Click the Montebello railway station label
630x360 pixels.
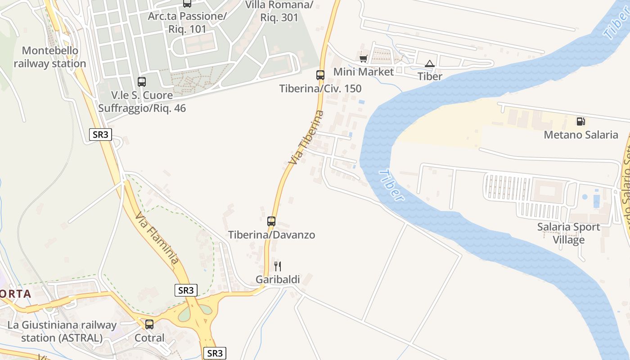pos(49,57)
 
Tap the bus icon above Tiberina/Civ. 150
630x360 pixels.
pos(320,75)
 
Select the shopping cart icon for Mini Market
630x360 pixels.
pos(364,59)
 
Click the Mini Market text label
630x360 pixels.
pos(364,72)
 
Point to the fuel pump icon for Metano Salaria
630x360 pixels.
pos(581,121)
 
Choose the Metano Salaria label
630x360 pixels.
pos(581,135)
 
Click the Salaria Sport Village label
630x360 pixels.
pos(569,233)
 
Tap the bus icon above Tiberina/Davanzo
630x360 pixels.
pos(271,221)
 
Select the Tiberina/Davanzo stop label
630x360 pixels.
pos(271,234)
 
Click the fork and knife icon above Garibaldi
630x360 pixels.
pos(278,266)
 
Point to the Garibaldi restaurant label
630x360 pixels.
pos(278,279)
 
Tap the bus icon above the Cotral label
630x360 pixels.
pos(149,324)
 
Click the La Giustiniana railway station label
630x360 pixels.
pos(62,331)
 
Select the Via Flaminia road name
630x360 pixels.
pos(157,238)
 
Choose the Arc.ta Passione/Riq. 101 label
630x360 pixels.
pos(187,23)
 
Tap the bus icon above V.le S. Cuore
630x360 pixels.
pos(142,82)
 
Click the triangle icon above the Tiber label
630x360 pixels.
pos(430,63)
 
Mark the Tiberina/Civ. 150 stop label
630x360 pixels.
pos(320,88)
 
